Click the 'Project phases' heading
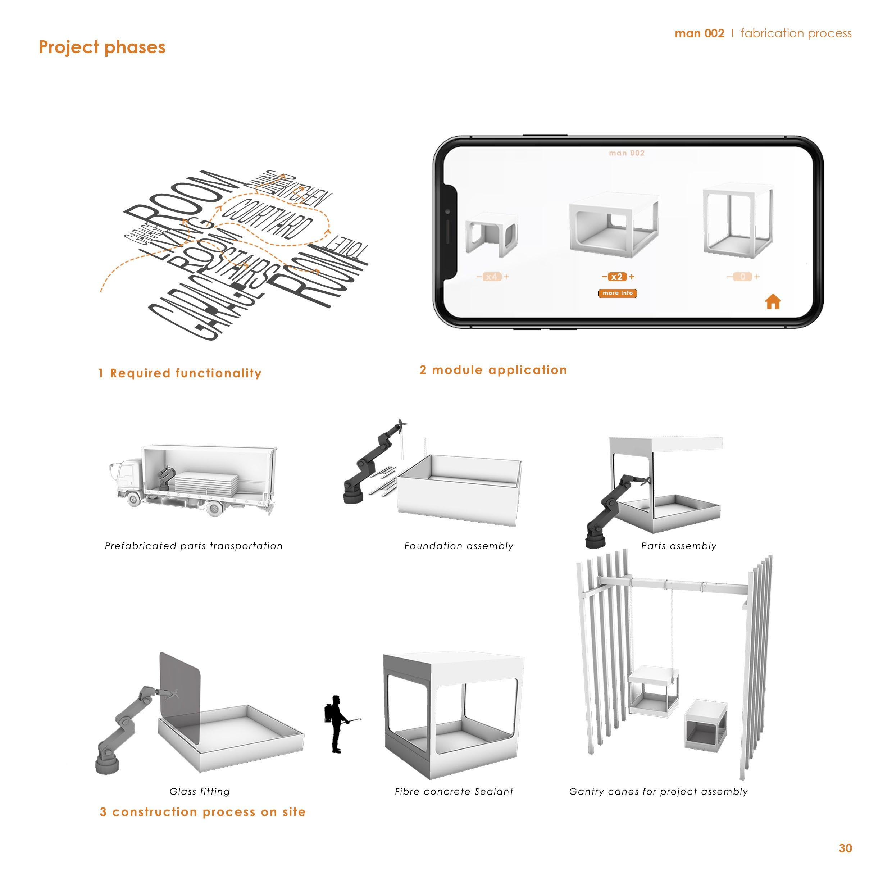pos(102,47)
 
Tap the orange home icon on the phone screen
pos(773,302)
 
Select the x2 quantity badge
pos(617,277)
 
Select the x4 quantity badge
pos(492,277)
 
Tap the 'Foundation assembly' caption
pos(459,546)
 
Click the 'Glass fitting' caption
pos(200,792)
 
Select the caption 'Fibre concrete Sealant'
pos(454,792)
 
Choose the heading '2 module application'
pos(493,370)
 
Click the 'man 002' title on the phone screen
pos(627,153)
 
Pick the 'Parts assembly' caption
pos(679,546)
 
